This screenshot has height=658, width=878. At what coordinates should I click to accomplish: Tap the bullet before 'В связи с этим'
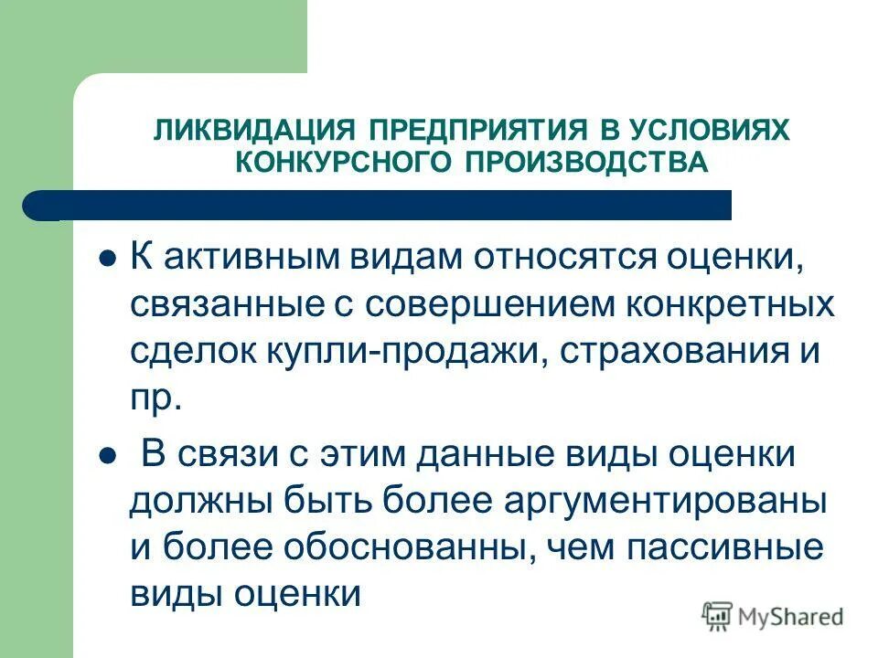click(106, 453)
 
